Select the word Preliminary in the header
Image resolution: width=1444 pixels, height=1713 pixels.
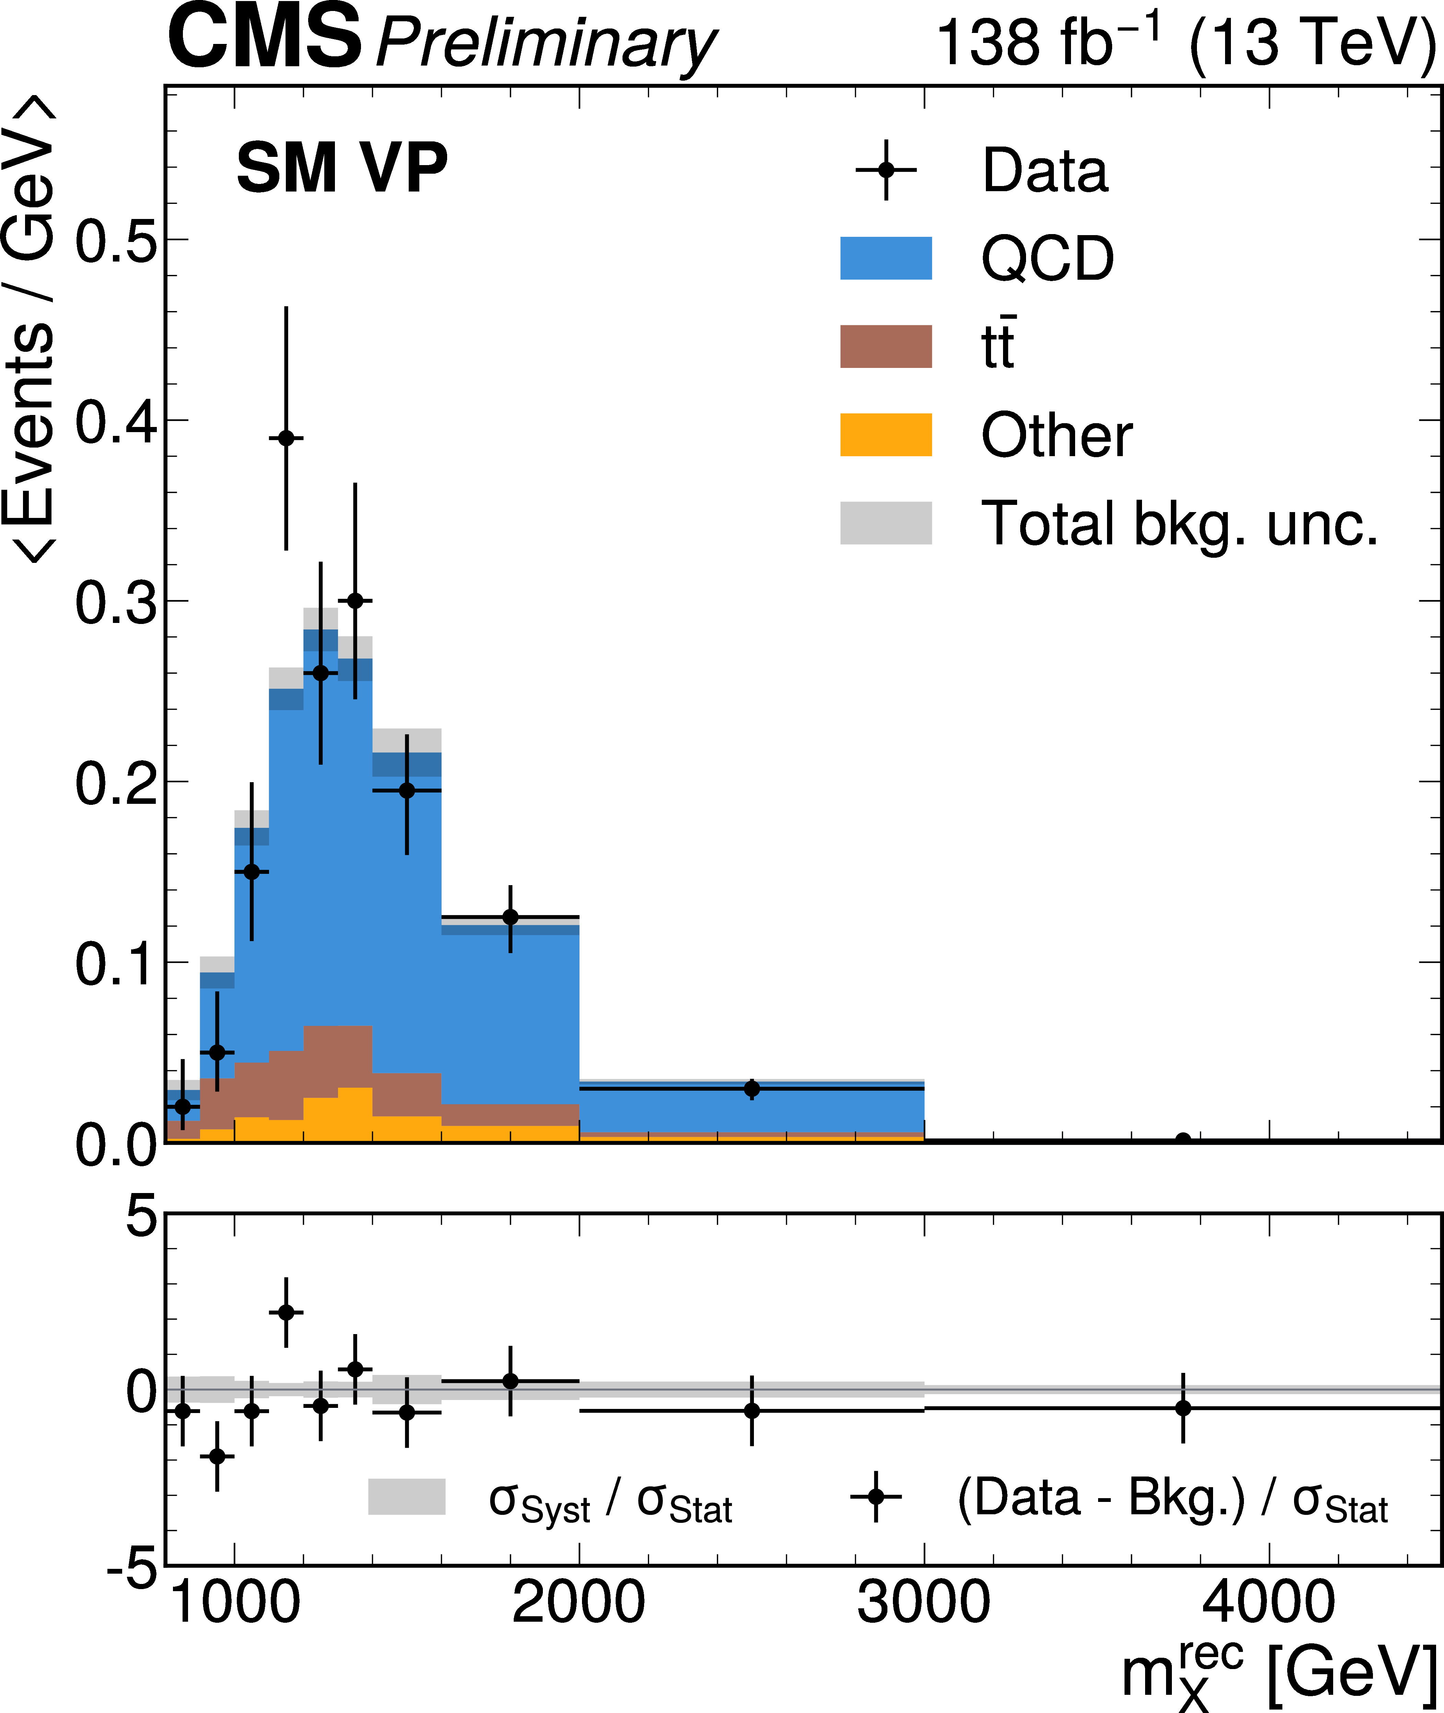tap(546, 45)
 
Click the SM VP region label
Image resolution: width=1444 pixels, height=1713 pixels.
tap(342, 168)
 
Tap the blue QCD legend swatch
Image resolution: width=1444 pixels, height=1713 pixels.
tap(886, 258)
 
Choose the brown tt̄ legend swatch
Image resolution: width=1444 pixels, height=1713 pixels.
tap(886, 346)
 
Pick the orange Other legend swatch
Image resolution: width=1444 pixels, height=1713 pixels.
tap(886, 435)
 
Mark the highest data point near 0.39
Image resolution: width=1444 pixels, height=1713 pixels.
tap(286, 438)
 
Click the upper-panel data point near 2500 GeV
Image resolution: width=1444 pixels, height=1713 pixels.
tap(752, 1089)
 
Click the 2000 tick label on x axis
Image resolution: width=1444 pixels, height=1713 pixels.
tap(579, 1603)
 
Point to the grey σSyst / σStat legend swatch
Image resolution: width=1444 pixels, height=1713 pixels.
tap(407, 1496)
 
